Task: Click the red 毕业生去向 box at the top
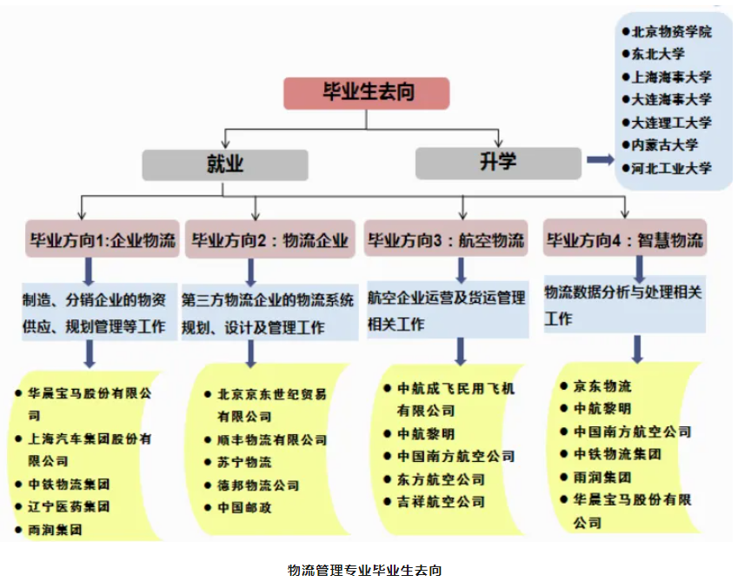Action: point(367,93)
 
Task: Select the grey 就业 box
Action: point(225,164)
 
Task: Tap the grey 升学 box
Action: point(498,163)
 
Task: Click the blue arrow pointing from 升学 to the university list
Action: point(600,160)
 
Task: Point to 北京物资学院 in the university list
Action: point(672,31)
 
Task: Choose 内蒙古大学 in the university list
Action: point(666,145)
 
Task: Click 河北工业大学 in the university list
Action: point(672,168)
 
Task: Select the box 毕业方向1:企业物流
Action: point(103,240)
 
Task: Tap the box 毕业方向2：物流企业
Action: point(269,240)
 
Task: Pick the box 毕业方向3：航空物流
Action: point(446,240)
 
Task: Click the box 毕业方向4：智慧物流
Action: point(624,239)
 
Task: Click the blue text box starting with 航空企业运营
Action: point(447,310)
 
